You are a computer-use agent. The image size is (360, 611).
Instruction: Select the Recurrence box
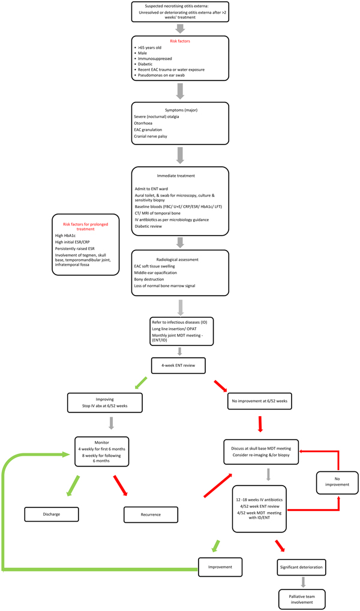[151, 514]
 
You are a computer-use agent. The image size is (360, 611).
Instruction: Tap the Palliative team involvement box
[302, 598]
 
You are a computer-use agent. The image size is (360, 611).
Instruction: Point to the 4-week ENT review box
[179, 364]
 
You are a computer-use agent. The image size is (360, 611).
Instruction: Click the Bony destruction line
[152, 278]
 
